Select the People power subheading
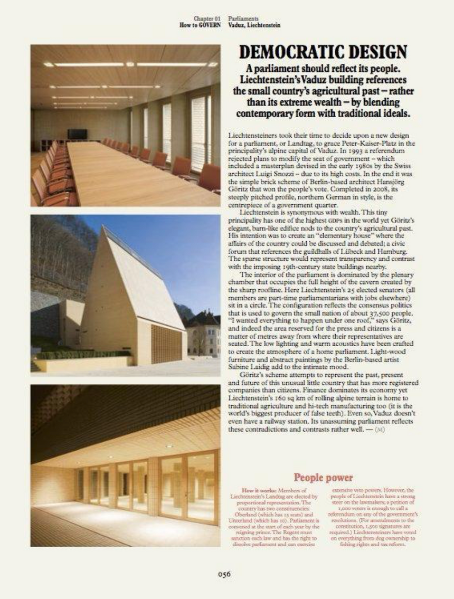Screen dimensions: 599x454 (x=323, y=478)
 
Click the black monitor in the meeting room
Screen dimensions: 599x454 (x=77, y=134)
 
